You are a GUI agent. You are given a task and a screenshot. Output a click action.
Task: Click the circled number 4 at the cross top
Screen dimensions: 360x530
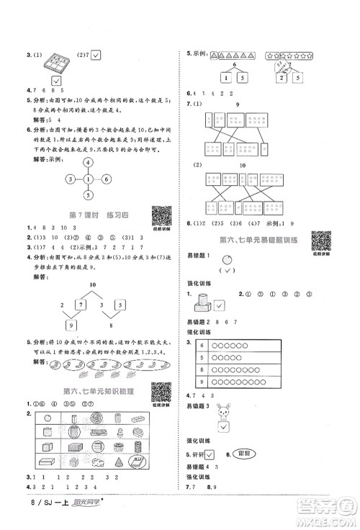(88, 162)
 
